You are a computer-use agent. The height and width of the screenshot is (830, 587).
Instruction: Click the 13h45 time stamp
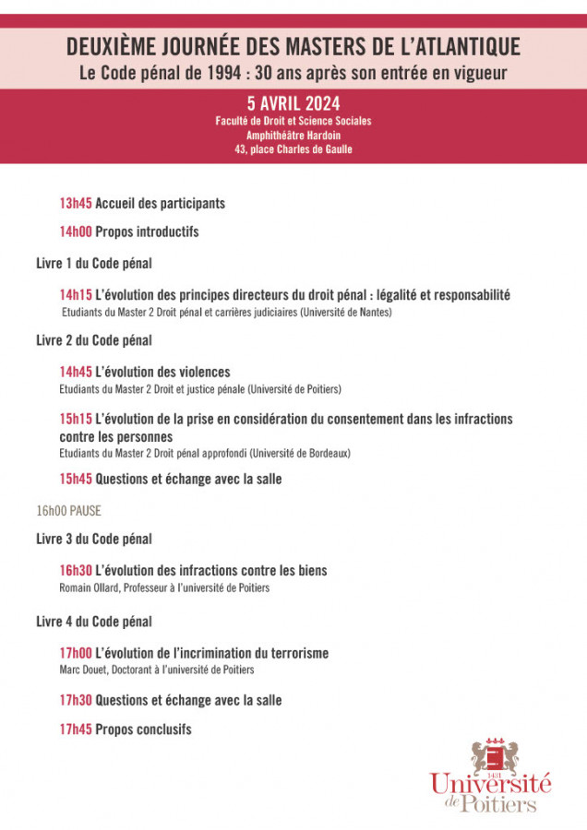coord(76,203)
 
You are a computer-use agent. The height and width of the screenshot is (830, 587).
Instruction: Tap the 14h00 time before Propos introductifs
coord(76,231)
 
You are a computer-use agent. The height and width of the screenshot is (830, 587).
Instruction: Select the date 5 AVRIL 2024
coord(293,103)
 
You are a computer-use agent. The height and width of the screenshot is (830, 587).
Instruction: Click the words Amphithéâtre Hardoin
coord(293,135)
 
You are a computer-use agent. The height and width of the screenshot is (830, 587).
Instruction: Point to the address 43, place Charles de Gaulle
coord(293,148)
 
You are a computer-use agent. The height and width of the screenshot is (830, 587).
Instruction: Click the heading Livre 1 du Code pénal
coord(94,263)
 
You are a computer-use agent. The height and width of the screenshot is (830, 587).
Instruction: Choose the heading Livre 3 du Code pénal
coord(94,539)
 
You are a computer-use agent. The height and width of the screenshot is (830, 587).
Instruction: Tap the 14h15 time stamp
coord(76,295)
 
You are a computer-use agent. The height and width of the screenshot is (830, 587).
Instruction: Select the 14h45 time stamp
coord(76,372)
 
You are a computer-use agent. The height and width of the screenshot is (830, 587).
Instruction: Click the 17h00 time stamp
coord(76,653)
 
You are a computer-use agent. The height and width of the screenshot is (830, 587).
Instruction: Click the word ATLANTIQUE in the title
coord(461,46)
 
